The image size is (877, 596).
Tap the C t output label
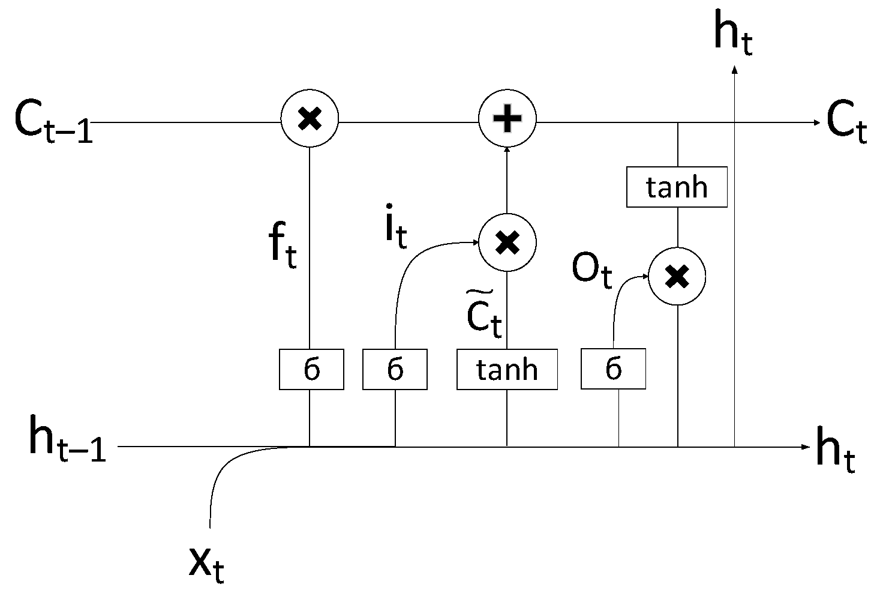(846, 123)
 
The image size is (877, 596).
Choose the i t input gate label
(395, 228)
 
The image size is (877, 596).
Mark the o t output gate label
(591, 270)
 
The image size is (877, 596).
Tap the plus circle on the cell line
(507, 118)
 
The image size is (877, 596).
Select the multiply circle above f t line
(310, 118)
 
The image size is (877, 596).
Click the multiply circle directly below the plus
(507, 242)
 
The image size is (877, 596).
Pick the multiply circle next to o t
(677, 277)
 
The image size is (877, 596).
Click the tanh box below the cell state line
(677, 187)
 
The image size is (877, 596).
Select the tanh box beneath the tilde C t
(507, 369)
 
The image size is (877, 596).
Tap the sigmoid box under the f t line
(311, 369)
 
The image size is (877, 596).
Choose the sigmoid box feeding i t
(395, 369)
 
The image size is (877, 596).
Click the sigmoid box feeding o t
(613, 369)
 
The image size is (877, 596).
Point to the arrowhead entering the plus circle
(507, 151)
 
